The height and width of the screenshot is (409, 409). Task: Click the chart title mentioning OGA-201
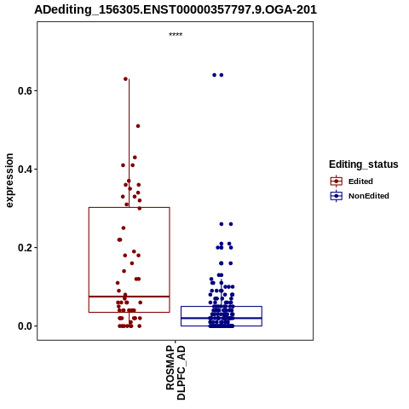pos(176,9)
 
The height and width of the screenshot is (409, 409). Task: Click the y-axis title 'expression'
pos(9,181)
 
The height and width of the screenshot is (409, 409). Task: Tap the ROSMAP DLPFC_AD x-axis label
pos(176,372)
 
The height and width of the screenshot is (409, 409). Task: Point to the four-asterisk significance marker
pos(176,35)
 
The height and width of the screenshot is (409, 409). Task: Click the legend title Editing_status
pos(364,164)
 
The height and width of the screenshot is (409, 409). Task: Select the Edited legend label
pos(360,181)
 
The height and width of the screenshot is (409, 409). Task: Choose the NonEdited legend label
pos(369,196)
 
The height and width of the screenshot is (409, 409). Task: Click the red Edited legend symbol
pos(337,181)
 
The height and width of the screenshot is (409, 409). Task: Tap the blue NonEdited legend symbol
pos(337,196)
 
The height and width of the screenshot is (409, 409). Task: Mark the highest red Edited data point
pos(125,79)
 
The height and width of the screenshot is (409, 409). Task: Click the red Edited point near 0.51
pos(138,126)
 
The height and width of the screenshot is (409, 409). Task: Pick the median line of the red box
pos(130,297)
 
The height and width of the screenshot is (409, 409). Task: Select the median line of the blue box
pos(222,318)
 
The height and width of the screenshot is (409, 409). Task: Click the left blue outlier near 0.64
pos(215,75)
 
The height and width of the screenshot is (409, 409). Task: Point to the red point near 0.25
pos(124,228)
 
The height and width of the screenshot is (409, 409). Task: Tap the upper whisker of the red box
pos(130,143)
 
